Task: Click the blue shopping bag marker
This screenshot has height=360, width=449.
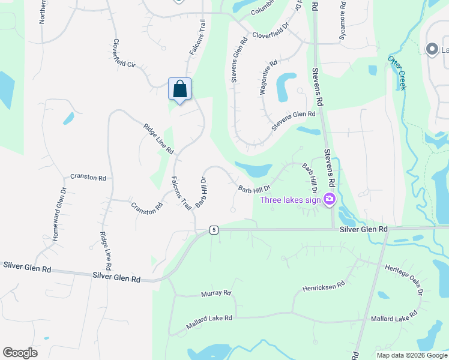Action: tap(179, 89)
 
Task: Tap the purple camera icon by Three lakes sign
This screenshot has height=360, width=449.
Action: tap(329, 199)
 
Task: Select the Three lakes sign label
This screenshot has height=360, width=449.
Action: tap(290, 200)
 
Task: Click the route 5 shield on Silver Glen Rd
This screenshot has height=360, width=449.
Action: tap(213, 230)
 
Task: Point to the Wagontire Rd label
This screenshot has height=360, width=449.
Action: tap(268, 79)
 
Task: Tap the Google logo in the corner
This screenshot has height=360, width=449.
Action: tap(20, 353)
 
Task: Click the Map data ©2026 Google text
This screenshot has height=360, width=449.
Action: tap(412, 355)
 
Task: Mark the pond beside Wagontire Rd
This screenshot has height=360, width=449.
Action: tap(286, 87)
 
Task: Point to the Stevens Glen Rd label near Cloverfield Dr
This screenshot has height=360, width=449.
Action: tap(238, 61)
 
